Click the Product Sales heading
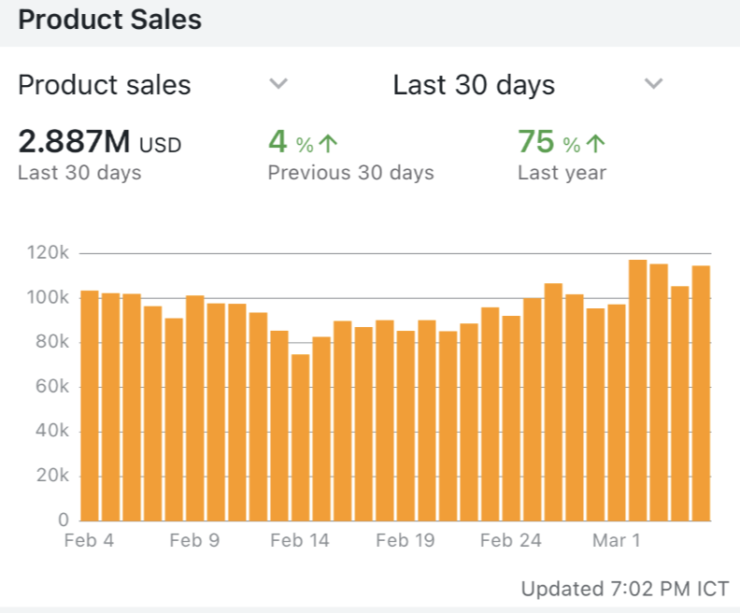pyautogui.click(x=109, y=20)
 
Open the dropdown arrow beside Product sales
pyautogui.click(x=277, y=84)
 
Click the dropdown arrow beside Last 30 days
pyautogui.click(x=654, y=84)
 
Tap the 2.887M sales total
pyautogui.click(x=74, y=143)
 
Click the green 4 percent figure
pyautogui.click(x=277, y=142)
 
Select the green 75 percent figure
pyautogui.click(x=536, y=142)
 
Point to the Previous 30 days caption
pyautogui.click(x=350, y=173)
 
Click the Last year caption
pyautogui.click(x=562, y=173)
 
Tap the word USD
pyautogui.click(x=160, y=145)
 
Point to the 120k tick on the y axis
pyautogui.click(x=48, y=253)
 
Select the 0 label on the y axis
pyautogui.click(x=63, y=520)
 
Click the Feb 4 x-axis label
pyautogui.click(x=90, y=540)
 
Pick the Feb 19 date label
pyautogui.click(x=406, y=540)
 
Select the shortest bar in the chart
pyautogui.click(x=300, y=437)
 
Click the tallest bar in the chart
pyautogui.click(x=638, y=390)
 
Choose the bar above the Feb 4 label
pyautogui.click(x=90, y=406)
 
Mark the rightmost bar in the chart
pyautogui.click(x=701, y=392)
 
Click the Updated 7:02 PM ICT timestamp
pyautogui.click(x=624, y=590)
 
